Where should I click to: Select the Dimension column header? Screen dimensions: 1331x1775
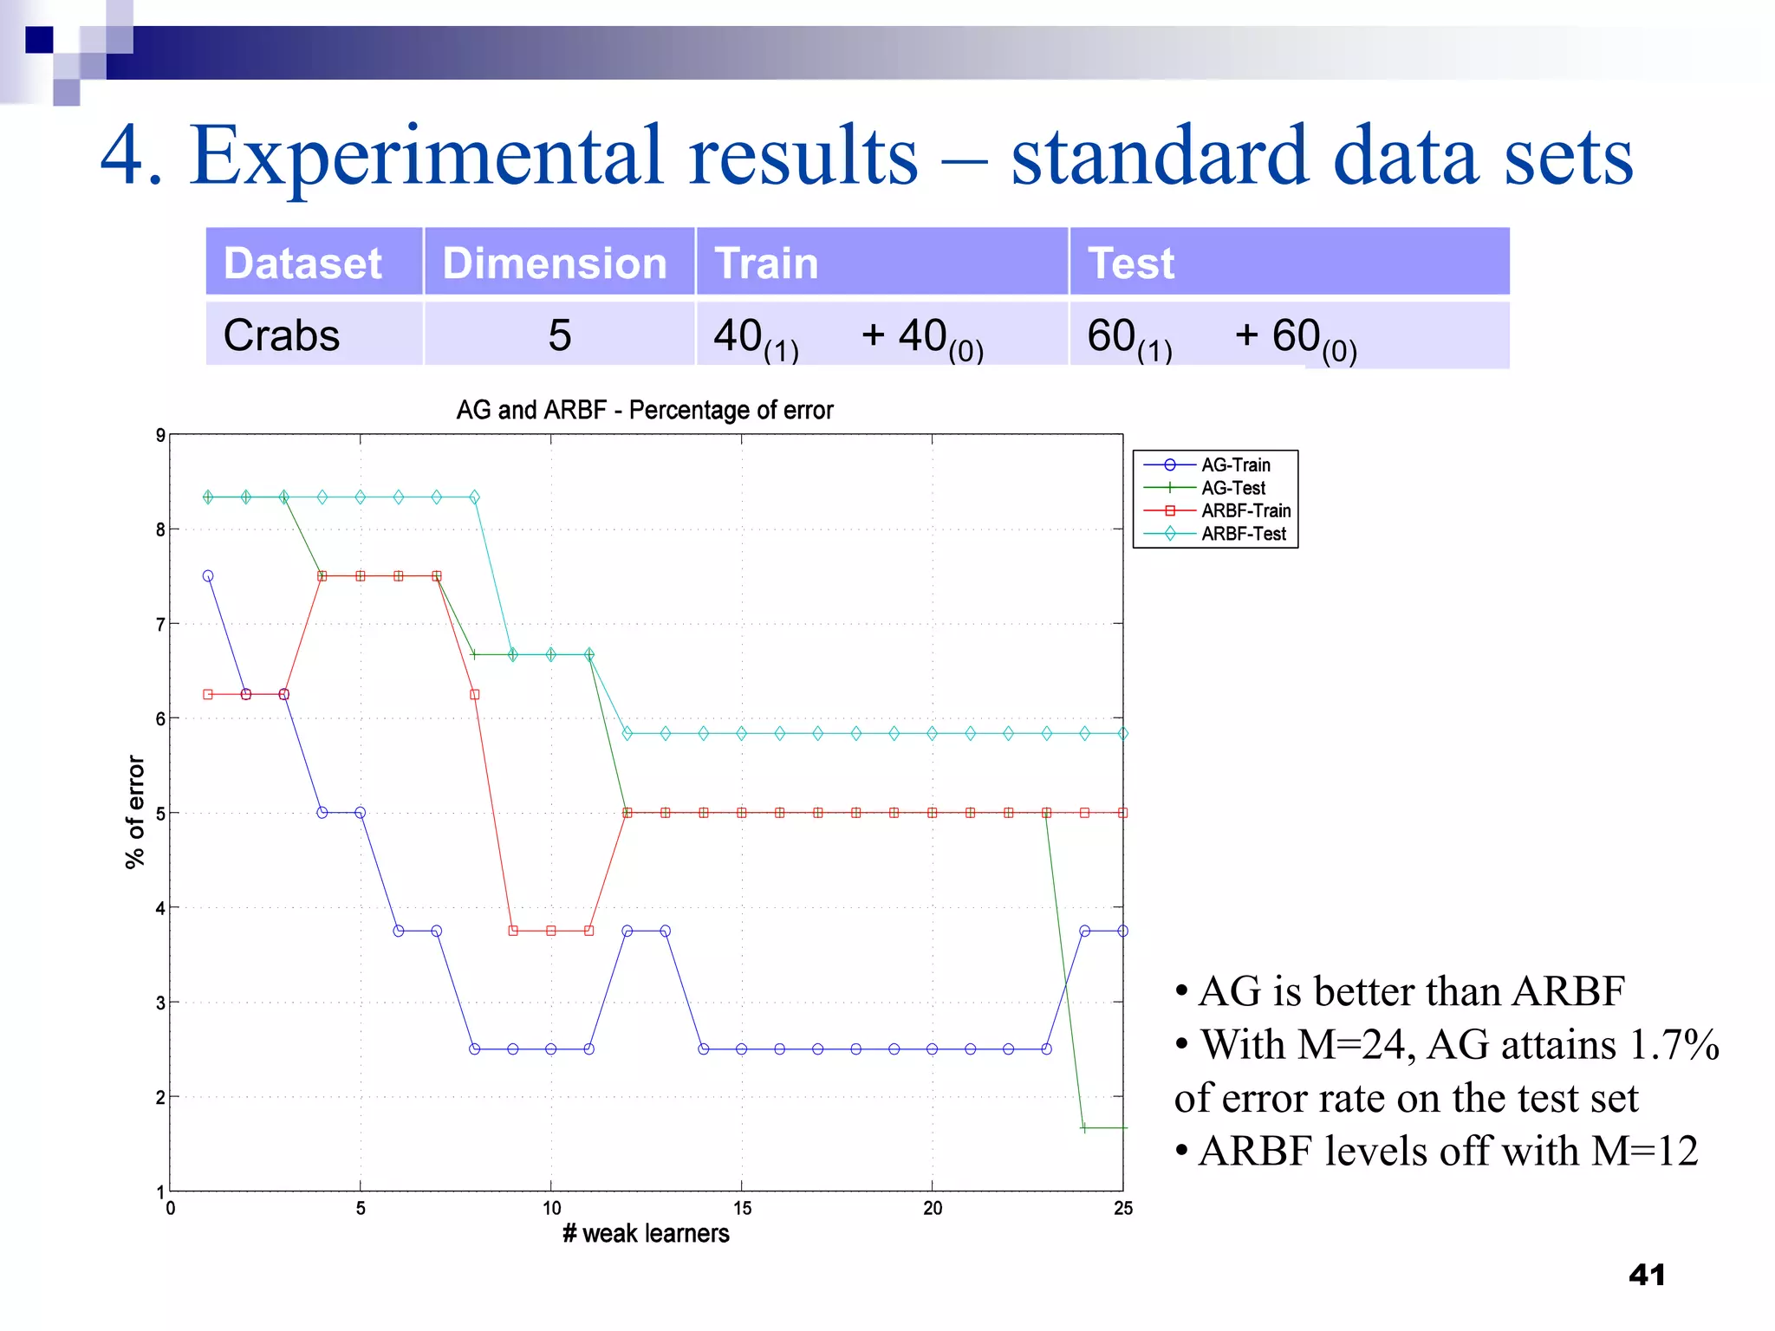click(x=554, y=263)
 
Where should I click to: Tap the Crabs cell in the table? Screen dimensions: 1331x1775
click(x=282, y=335)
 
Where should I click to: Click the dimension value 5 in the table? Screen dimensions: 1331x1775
click(x=560, y=335)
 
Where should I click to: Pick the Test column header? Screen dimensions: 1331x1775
click(x=1130, y=263)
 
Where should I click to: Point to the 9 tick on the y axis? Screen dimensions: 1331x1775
click(x=160, y=435)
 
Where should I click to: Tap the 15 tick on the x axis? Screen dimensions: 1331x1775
click(x=742, y=1208)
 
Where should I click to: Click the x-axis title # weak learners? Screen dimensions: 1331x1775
click(x=646, y=1233)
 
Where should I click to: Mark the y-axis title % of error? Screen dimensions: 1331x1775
click(x=135, y=811)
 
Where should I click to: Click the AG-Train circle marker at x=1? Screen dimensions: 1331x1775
click(x=208, y=575)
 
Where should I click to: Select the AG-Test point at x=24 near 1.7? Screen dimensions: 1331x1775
click(x=1084, y=1127)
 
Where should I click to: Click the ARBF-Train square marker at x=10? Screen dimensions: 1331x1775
click(x=551, y=931)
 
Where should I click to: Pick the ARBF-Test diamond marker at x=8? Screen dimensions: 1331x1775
click(x=474, y=497)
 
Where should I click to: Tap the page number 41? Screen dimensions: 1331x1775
click(x=1647, y=1275)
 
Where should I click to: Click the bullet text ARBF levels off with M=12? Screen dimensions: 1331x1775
click(x=1447, y=1152)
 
